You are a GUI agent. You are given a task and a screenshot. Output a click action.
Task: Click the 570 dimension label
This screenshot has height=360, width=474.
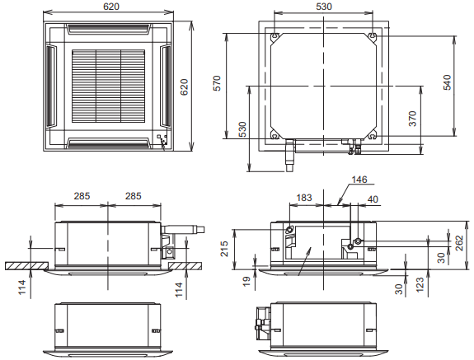217,83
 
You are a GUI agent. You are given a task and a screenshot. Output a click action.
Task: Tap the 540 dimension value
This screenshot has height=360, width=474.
448,82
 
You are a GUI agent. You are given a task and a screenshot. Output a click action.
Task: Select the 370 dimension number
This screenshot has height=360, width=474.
412,119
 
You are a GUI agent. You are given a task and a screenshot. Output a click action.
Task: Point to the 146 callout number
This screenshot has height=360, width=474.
359,180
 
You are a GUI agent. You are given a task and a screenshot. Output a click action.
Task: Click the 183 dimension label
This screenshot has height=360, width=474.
304,198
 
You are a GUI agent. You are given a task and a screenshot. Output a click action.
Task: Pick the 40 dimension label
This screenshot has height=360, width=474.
373,199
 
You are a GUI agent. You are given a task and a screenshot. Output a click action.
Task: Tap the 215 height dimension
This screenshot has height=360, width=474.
224,249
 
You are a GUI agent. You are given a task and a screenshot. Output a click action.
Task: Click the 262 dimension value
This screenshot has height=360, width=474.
459,243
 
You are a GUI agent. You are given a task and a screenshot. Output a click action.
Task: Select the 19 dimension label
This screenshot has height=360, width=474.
247,282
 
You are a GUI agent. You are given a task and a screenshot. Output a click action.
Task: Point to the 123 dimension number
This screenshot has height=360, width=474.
420,285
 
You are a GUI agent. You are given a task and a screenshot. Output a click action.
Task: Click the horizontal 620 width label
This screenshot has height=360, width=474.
111,7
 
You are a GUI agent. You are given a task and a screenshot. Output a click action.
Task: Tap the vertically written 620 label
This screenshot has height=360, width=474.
184,87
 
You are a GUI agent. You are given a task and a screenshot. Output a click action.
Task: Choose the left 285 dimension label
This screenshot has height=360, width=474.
82,196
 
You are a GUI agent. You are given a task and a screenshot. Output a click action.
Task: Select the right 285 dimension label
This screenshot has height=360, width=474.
134,196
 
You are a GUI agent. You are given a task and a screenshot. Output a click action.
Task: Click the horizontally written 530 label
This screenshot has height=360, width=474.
324,7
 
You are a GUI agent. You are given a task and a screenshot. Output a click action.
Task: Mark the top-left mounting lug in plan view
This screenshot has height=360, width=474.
275,37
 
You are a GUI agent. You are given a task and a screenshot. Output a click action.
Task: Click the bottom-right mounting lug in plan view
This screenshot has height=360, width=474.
373,136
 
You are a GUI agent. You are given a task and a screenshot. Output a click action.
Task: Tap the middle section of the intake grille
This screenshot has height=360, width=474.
109,86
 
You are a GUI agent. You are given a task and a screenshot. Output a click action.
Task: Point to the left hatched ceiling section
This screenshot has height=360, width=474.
26,266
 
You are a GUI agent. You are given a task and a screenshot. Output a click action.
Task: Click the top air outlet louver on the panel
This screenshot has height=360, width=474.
108,28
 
